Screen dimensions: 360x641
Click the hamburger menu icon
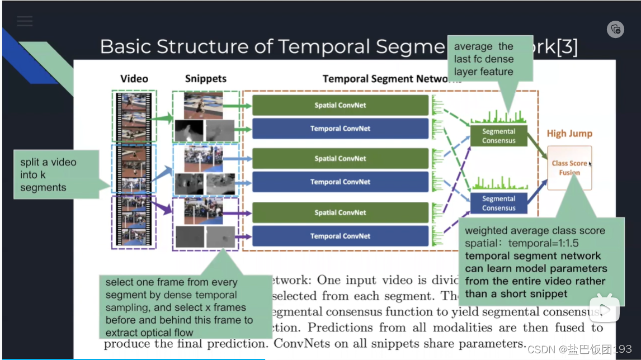(x=25, y=21)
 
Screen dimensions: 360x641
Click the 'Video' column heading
(x=134, y=79)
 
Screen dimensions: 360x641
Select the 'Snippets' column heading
(x=206, y=79)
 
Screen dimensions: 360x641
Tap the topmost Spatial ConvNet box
(x=340, y=105)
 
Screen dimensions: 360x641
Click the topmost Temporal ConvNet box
(x=340, y=129)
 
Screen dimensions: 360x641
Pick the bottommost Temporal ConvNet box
(x=340, y=236)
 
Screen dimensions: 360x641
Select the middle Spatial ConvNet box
(x=340, y=158)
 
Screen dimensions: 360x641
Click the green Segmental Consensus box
(x=498, y=136)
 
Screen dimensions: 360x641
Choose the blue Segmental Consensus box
(x=498, y=203)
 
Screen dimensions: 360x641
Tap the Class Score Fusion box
(x=569, y=168)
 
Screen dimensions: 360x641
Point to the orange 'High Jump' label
(x=569, y=134)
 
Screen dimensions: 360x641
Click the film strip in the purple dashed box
(x=134, y=221)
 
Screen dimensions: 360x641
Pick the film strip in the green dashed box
(x=134, y=116)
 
